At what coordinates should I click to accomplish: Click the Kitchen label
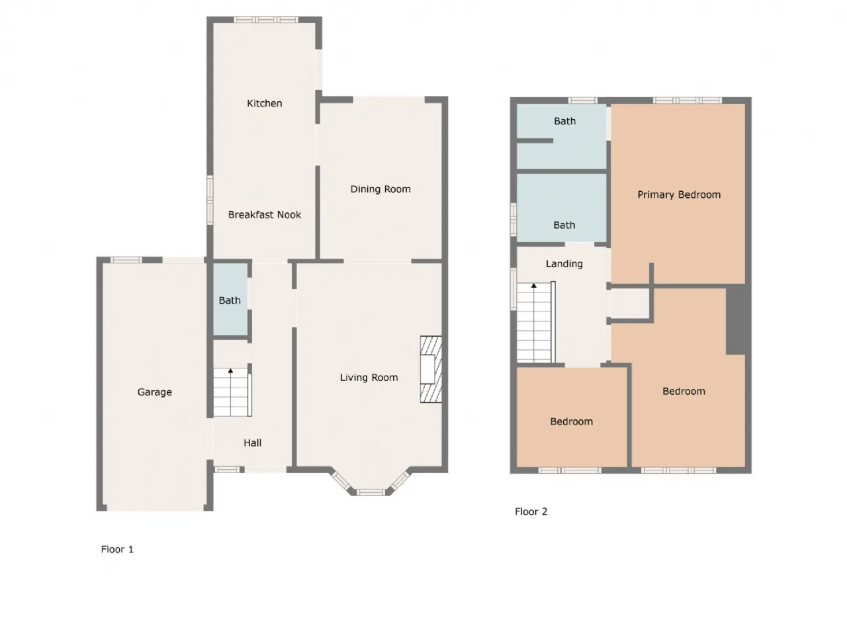tap(264, 103)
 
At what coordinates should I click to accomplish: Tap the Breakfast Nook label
tap(264, 214)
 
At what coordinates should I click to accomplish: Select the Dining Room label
tap(380, 189)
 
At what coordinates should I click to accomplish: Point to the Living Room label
tap(369, 378)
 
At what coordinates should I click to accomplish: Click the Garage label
tap(154, 392)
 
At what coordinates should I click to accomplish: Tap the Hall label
tap(252, 443)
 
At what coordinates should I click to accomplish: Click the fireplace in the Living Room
tap(430, 369)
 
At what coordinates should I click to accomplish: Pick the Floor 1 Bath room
tap(230, 300)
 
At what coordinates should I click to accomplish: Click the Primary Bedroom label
tap(679, 194)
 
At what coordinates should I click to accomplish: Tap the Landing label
tap(564, 264)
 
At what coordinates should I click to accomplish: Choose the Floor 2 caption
tap(531, 511)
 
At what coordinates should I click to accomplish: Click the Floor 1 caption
tap(117, 549)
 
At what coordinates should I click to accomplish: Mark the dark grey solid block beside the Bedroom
tap(736, 321)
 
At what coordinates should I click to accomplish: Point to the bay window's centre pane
tap(371, 491)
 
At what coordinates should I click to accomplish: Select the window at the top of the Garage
tap(126, 260)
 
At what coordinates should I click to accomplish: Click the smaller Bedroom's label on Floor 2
tap(571, 421)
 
